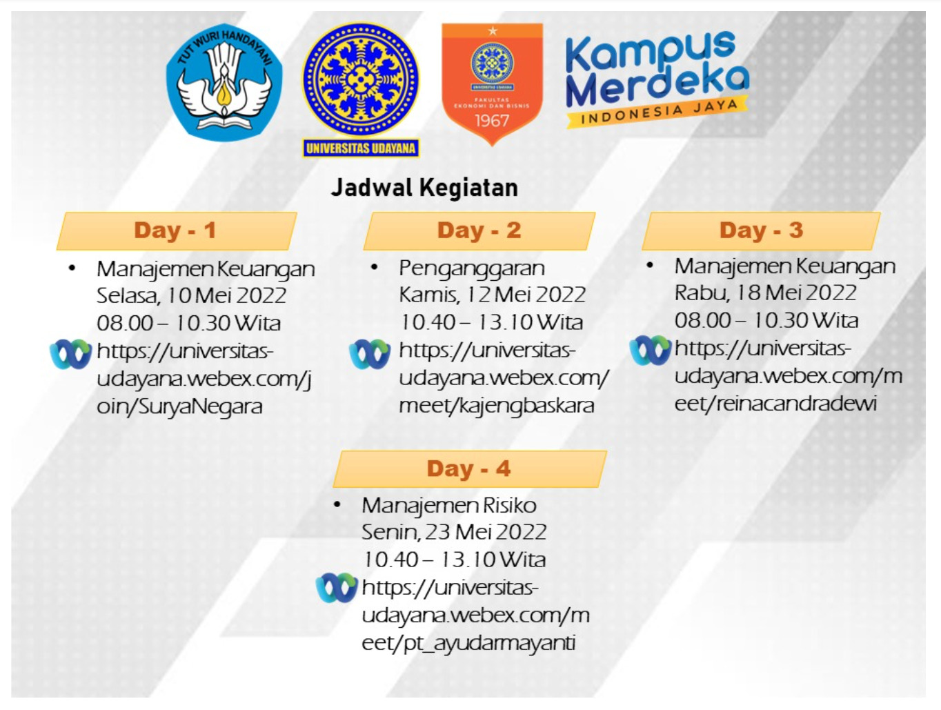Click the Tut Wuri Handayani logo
coord(224,82)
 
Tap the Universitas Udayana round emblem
coord(361,80)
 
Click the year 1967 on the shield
coord(492,121)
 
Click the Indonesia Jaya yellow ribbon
coord(657,112)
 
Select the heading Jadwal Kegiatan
coord(424,188)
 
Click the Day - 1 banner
coord(177,230)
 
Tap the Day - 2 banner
coord(479,230)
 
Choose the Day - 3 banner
coord(761,230)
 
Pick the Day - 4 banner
coord(469,469)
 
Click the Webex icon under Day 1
coord(71,354)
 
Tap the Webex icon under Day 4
coord(337,588)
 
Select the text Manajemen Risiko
coord(449,506)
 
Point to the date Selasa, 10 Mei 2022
coord(192,296)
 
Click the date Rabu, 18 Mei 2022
coord(766,293)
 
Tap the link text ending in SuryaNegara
coord(204,379)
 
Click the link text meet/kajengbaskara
coord(497,406)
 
